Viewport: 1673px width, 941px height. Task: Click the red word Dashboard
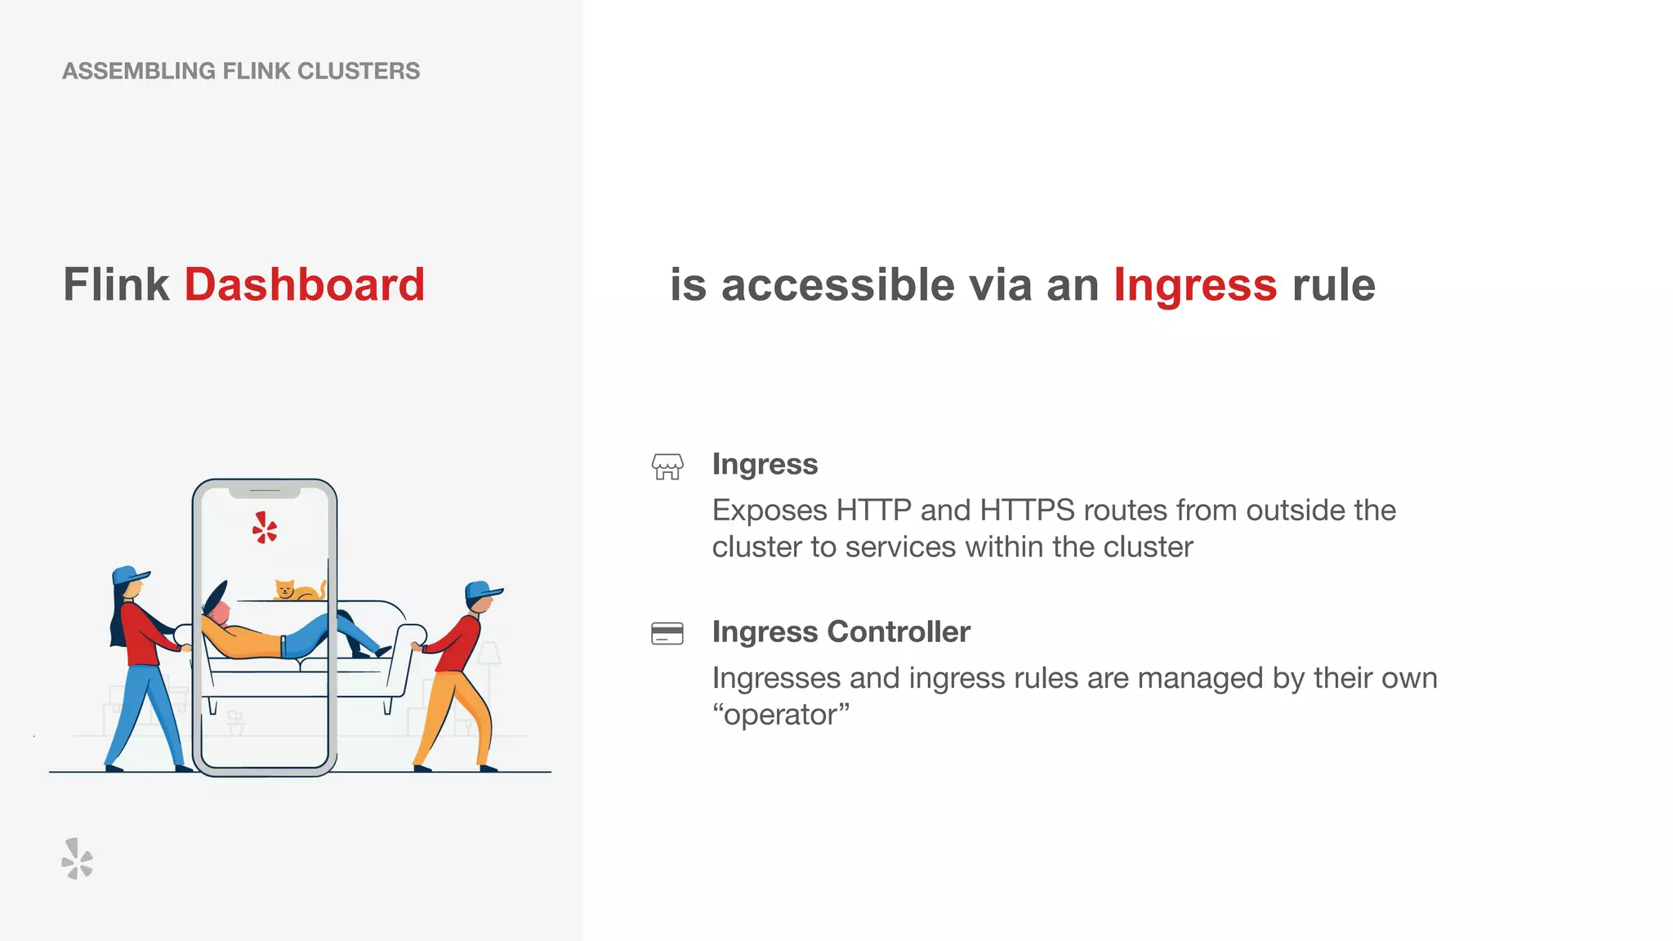coord(304,285)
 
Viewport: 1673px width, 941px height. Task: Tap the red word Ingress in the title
coord(1194,285)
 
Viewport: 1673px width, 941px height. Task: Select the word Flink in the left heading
coord(116,285)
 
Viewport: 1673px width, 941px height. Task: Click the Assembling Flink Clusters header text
coord(241,71)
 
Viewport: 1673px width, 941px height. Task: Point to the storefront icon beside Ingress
coord(667,466)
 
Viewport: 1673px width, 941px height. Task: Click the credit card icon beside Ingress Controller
coord(667,633)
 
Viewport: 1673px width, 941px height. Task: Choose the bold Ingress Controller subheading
coord(841,631)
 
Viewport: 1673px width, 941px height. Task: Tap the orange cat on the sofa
coord(296,590)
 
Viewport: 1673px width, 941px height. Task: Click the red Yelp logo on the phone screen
coord(265,528)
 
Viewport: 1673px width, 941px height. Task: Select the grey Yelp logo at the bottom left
coord(77,858)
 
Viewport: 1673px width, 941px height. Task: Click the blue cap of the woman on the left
coord(128,574)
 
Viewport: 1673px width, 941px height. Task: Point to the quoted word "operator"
coord(781,715)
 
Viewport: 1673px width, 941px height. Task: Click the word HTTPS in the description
coord(1027,511)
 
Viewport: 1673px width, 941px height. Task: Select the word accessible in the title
coord(838,285)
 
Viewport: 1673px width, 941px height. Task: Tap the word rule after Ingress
coord(1333,285)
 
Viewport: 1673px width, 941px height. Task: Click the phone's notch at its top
coord(265,492)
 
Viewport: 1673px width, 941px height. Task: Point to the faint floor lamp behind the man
coord(489,658)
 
